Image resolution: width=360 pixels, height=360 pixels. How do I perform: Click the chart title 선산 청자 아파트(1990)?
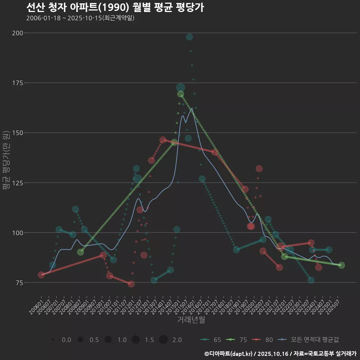click(115, 7)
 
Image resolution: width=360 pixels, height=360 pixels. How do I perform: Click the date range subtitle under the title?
click(80, 18)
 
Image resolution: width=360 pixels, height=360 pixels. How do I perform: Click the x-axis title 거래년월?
click(191, 320)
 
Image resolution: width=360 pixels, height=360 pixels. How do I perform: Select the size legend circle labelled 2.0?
click(163, 340)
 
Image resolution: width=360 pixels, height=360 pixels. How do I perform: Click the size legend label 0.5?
click(94, 340)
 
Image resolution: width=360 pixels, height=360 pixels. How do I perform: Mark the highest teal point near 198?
click(189, 37)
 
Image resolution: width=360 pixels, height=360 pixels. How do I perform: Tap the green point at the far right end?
click(341, 265)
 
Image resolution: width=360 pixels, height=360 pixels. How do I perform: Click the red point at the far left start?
click(41, 275)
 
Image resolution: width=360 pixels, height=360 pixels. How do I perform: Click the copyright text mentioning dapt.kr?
click(280, 354)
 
